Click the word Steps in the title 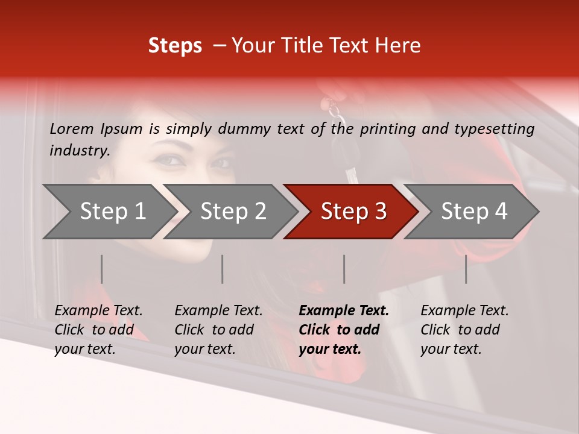point(175,46)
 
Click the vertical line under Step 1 point(102,269)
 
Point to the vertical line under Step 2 point(223,269)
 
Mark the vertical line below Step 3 point(344,269)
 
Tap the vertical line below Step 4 point(466,269)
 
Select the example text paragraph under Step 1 point(98,330)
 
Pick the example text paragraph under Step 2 point(218,330)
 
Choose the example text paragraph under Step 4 point(464,330)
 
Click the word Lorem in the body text point(72,128)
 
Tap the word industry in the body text point(80,151)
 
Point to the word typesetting point(494,128)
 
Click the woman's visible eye point(169,160)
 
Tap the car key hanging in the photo point(349,169)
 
